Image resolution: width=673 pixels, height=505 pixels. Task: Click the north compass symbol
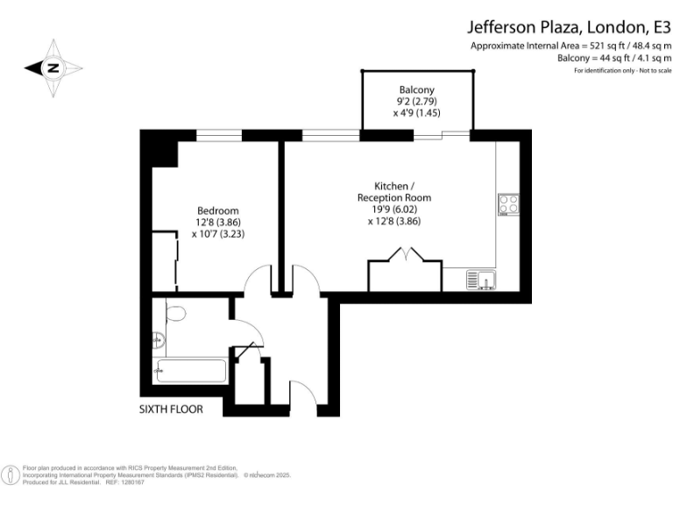[x=53, y=68]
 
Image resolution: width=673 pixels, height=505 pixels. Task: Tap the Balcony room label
[x=416, y=90]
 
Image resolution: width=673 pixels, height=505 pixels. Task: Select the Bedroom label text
[x=217, y=211]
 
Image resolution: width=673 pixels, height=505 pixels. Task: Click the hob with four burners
[x=508, y=204]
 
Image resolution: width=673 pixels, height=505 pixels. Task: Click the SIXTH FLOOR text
[x=172, y=409]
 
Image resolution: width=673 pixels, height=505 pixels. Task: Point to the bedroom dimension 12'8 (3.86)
[x=217, y=223]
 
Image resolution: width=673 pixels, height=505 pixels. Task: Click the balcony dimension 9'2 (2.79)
[x=416, y=102]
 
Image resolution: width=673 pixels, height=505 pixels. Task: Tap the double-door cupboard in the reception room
[x=403, y=272]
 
